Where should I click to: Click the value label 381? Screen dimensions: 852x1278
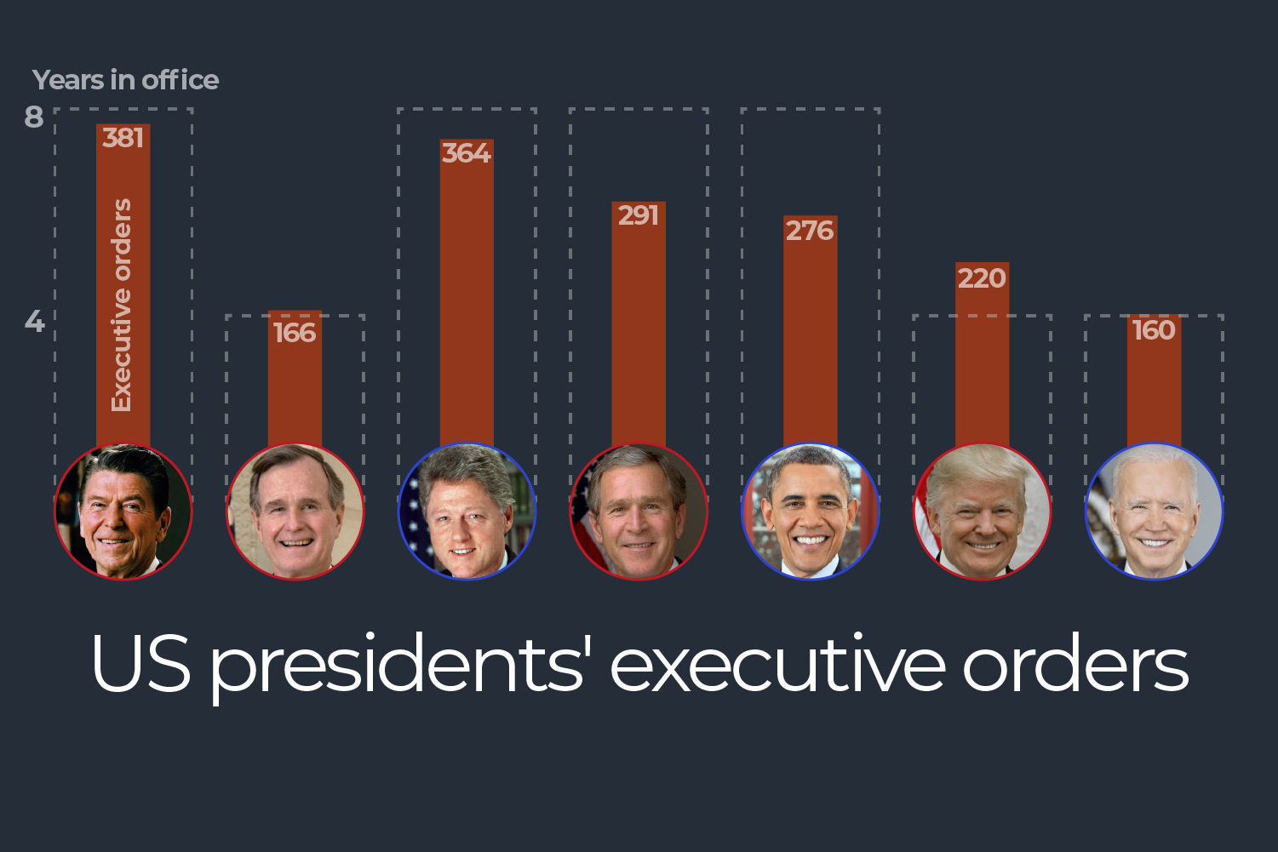(123, 138)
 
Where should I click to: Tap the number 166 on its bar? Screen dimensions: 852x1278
(295, 333)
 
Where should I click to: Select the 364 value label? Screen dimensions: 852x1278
(467, 153)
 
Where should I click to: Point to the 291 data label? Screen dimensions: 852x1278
(639, 215)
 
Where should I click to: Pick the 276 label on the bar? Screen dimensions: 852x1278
(810, 231)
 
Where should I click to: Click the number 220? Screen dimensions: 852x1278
(982, 278)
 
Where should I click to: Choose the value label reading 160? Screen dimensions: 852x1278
(1154, 330)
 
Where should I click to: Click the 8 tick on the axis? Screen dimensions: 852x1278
(34, 117)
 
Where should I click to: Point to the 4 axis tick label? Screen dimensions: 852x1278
(34, 321)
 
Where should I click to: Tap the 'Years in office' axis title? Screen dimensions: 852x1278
(125, 80)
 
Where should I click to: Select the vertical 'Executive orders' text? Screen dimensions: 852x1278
(123, 305)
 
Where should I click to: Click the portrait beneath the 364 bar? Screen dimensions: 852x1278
(467, 512)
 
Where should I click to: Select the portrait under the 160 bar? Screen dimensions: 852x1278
(1154, 512)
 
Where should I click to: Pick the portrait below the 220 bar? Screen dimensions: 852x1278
(982, 512)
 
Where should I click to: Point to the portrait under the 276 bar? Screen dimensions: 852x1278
(810, 512)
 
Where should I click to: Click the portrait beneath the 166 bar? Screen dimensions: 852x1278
(295, 512)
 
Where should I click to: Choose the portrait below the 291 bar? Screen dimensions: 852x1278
(639, 512)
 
